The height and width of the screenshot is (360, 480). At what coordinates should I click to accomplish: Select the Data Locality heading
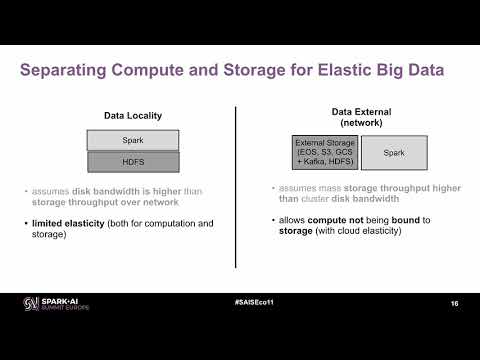click(133, 116)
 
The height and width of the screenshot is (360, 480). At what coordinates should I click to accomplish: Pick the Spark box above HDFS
click(133, 140)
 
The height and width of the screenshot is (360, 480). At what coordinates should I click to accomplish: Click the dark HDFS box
click(133, 162)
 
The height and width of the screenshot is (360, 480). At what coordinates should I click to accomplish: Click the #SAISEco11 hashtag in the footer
click(239, 300)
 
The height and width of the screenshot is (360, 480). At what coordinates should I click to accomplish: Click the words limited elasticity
click(67, 222)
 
